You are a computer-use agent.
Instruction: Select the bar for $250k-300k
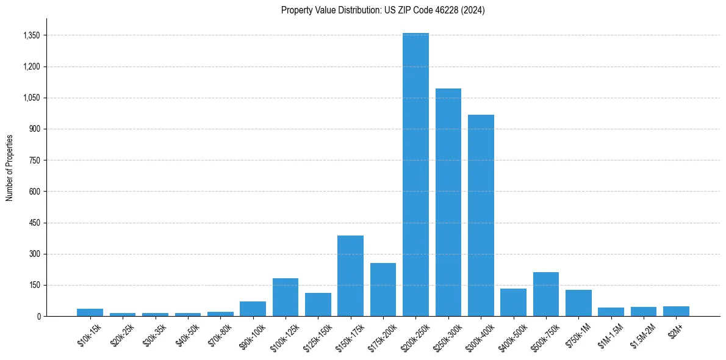pyautogui.click(x=448, y=202)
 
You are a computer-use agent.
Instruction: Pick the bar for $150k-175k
pyautogui.click(x=350, y=276)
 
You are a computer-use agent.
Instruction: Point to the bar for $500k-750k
pyautogui.click(x=546, y=294)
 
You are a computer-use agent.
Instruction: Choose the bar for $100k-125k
pyautogui.click(x=286, y=297)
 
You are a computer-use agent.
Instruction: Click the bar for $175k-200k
pyautogui.click(x=383, y=289)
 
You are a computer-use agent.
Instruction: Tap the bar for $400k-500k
pyautogui.click(x=513, y=302)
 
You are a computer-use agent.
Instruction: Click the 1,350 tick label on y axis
pyautogui.click(x=31, y=35)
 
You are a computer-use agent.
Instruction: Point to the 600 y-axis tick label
pyautogui.click(x=34, y=192)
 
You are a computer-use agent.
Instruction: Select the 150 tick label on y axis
pyautogui.click(x=34, y=285)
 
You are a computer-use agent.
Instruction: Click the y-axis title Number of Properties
pyautogui.click(x=10, y=167)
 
